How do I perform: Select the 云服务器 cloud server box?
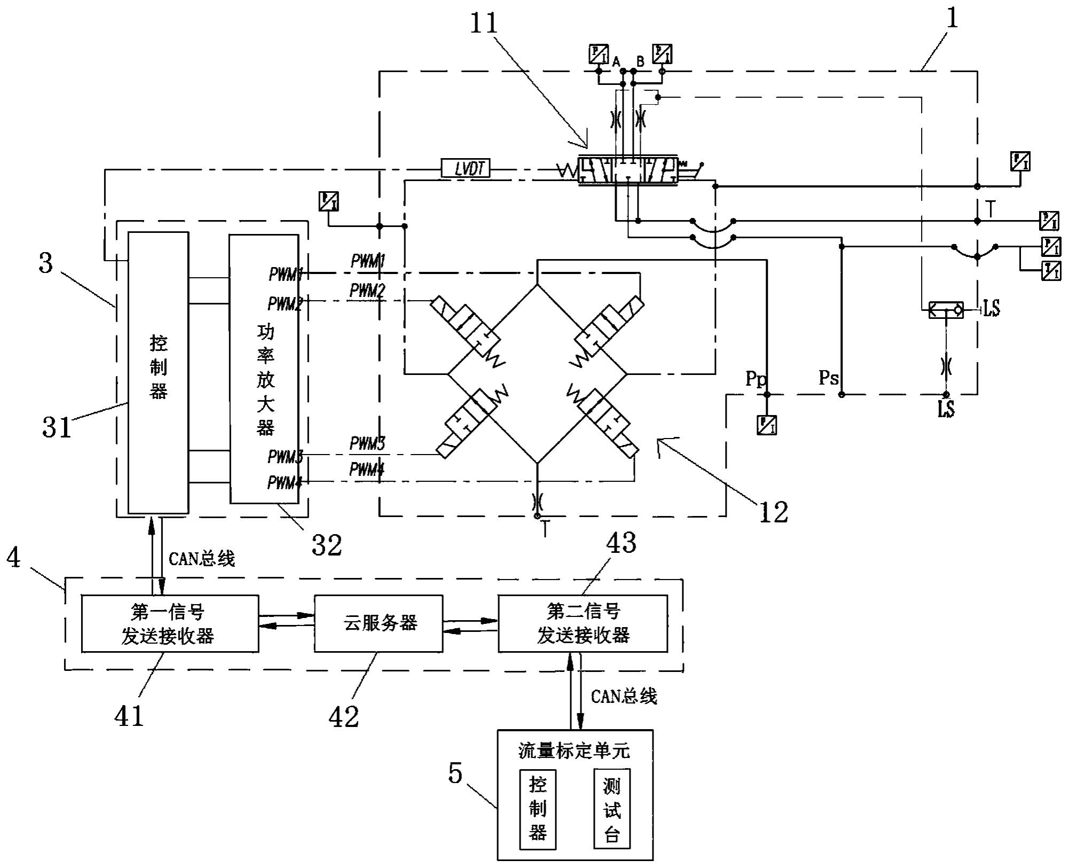(x=378, y=623)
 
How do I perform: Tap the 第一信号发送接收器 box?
(x=170, y=623)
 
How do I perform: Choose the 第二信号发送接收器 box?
(x=583, y=623)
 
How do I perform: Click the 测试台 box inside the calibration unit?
(x=612, y=809)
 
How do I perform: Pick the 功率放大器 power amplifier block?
(x=264, y=369)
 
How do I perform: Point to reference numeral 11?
(x=484, y=24)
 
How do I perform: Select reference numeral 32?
(x=327, y=545)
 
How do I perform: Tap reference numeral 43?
(x=622, y=543)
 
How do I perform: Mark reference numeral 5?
(x=455, y=773)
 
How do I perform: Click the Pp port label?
(x=756, y=379)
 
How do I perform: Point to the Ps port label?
(x=828, y=378)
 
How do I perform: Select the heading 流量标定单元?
(x=574, y=751)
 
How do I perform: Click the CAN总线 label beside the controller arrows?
(x=202, y=559)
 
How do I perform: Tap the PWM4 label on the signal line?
(x=367, y=470)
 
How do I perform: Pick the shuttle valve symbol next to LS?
(x=946, y=309)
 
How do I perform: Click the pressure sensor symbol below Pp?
(x=767, y=425)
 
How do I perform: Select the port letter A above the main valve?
(x=616, y=61)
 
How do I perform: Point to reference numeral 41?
(x=129, y=716)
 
